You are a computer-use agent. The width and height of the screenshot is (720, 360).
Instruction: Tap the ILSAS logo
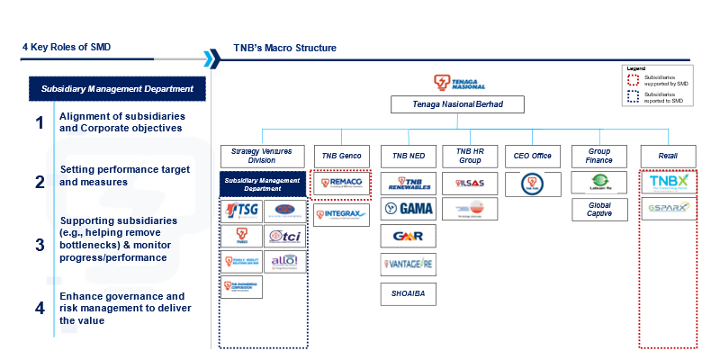pos(470,183)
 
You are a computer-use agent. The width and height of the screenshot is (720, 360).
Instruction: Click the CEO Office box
pos(531,156)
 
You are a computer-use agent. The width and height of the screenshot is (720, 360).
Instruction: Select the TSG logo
pos(241,211)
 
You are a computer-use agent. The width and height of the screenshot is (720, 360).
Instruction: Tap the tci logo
pos(286,237)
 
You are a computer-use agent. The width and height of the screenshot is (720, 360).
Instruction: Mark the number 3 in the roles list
pos(40,245)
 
